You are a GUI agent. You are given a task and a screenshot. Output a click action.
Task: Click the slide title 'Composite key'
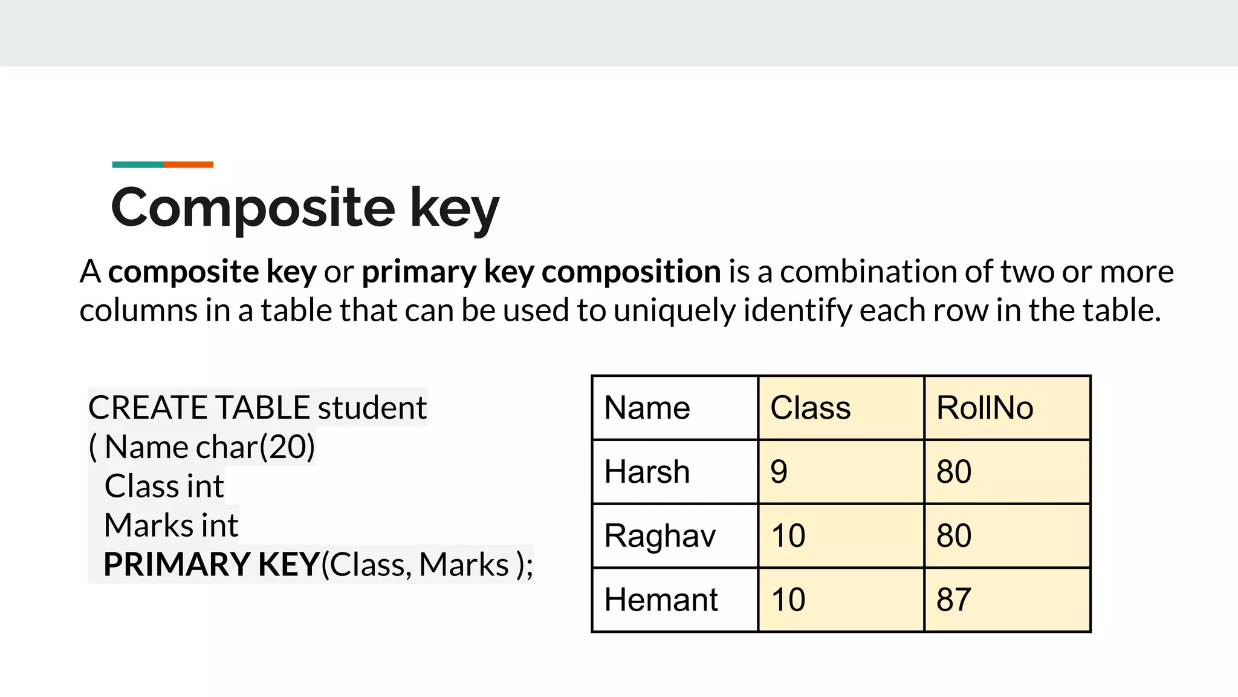tap(305, 208)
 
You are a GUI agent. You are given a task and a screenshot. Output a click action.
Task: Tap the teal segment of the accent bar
tap(138, 165)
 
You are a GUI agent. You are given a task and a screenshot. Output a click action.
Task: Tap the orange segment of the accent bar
tap(188, 165)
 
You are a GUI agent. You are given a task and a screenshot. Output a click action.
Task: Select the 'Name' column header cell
tap(675, 408)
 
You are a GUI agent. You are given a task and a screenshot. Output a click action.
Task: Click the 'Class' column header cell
tap(841, 408)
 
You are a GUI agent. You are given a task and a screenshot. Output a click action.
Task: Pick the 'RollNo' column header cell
tap(1007, 408)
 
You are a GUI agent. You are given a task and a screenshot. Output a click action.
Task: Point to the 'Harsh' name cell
tap(675, 472)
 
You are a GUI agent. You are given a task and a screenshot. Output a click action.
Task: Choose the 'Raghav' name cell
tap(675, 536)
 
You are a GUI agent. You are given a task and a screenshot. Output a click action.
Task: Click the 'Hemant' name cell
tap(675, 600)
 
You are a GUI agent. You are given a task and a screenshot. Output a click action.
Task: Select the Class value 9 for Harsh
tap(841, 472)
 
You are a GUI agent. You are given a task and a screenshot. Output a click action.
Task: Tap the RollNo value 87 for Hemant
tap(1007, 600)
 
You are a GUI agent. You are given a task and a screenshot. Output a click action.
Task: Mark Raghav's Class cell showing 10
tap(841, 536)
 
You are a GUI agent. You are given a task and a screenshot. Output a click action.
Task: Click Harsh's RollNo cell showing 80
tap(1007, 472)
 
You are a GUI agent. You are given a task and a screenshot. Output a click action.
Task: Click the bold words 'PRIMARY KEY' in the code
tap(211, 564)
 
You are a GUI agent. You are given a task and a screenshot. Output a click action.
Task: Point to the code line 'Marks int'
tap(171, 525)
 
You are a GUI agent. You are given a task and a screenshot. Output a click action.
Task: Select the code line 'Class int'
tap(164, 486)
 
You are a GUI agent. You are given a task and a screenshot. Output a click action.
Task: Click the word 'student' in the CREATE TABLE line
tap(372, 408)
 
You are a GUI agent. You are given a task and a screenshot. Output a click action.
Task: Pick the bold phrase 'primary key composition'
tap(541, 272)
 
